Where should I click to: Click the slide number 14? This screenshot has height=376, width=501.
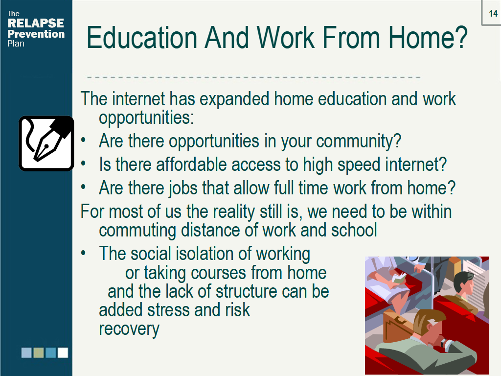[x=493, y=13]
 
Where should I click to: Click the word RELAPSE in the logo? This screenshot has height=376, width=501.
[x=36, y=23]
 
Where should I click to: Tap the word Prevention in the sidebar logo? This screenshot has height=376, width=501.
[x=36, y=34]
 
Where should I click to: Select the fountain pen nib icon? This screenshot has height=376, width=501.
[x=46, y=143]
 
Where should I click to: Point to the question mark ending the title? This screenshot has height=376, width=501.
[x=459, y=38]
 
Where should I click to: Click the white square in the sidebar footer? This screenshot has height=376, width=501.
[x=63, y=352]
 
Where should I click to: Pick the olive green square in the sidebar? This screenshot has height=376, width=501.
[x=39, y=352]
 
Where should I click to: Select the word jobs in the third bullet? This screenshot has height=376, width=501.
[x=173, y=188]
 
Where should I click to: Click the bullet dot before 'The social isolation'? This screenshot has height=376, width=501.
[x=84, y=254]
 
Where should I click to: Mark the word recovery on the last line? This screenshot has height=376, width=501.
[x=129, y=329]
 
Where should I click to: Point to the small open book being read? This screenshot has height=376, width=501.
[x=399, y=280]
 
